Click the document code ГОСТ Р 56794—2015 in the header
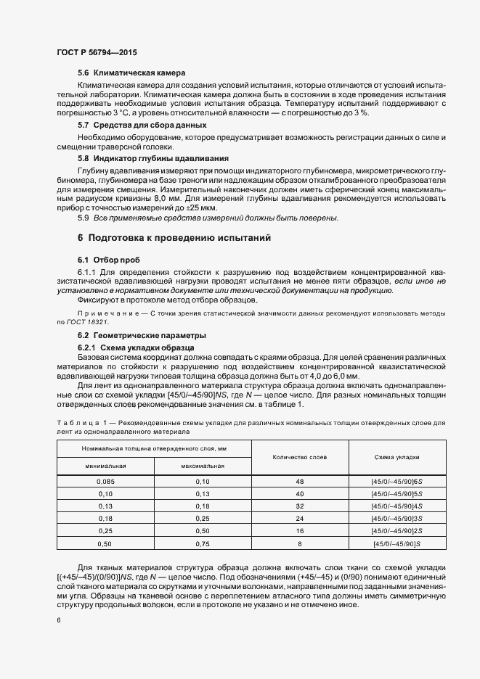pos(97,53)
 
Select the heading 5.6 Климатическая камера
pos(131,73)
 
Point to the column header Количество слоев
pos(299,457)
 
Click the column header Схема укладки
pos(396,457)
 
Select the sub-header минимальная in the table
pos(105,466)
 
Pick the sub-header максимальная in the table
pos(202,466)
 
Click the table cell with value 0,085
pos(105,482)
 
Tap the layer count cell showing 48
pos(299,482)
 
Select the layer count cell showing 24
pos(299,519)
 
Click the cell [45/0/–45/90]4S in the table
pos(396,506)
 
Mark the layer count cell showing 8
pos(299,543)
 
